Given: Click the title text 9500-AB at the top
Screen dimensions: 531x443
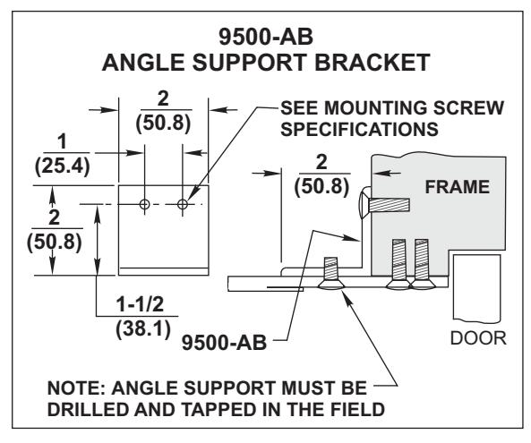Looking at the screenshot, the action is pyautogui.click(x=266, y=37).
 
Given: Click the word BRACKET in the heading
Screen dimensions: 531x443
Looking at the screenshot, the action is pyautogui.click(x=373, y=63).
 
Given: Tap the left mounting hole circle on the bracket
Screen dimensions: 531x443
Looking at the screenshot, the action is pyautogui.click(x=144, y=204).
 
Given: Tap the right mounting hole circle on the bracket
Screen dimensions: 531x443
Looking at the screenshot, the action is pyautogui.click(x=183, y=204).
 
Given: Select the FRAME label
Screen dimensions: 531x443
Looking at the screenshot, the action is pyautogui.click(x=458, y=187).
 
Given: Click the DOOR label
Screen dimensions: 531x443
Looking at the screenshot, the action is pyautogui.click(x=478, y=338).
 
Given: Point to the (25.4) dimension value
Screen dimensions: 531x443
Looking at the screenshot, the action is pyautogui.click(x=63, y=166).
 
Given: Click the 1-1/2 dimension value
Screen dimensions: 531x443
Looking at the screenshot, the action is pyautogui.click(x=140, y=304).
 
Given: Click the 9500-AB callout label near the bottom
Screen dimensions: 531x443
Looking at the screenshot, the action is pyautogui.click(x=224, y=343).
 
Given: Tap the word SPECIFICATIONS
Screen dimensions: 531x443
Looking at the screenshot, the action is pyautogui.click(x=359, y=129).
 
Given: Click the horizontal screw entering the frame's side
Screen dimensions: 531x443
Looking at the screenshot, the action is pyautogui.click(x=384, y=205).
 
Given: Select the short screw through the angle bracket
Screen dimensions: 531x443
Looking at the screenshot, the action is pyautogui.click(x=330, y=273).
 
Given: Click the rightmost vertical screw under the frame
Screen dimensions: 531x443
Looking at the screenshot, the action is pyautogui.click(x=422, y=264).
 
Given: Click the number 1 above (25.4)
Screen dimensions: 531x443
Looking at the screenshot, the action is pyautogui.click(x=62, y=141).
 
